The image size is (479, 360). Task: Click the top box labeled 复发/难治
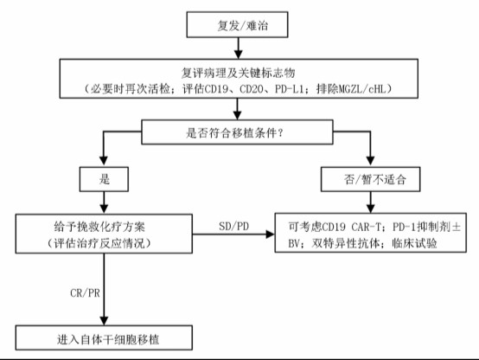click(237, 25)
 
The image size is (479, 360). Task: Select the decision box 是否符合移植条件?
click(237, 132)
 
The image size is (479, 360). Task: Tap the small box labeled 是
click(104, 179)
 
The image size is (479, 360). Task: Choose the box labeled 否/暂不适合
click(370, 179)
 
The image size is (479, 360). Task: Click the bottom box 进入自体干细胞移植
click(104, 337)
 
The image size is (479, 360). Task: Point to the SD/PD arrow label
click(234, 227)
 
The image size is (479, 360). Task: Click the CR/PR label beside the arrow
click(85, 293)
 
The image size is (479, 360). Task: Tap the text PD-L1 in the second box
click(289, 89)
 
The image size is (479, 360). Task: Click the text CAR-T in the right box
click(366, 227)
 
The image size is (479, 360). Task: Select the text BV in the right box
click(294, 243)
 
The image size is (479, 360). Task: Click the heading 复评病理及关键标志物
click(239, 73)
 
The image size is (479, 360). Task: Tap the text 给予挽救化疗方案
click(99, 227)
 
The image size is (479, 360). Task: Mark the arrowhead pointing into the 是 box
click(104, 161)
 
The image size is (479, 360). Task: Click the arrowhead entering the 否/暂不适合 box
click(370, 161)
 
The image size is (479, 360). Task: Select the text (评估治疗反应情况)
click(99, 243)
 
